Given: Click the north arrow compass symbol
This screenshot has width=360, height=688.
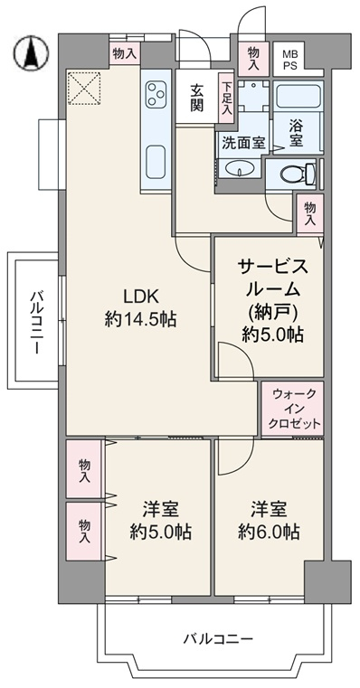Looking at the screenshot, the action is click(x=31, y=52).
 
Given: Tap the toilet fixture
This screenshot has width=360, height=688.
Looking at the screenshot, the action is click(x=298, y=174).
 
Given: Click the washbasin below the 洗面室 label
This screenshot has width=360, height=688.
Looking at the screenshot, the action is click(x=240, y=169).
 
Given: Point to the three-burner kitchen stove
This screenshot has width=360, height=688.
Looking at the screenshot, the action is click(x=156, y=94).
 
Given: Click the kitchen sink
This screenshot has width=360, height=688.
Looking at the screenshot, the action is click(x=156, y=162).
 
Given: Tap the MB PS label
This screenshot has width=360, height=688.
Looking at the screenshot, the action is click(x=289, y=60).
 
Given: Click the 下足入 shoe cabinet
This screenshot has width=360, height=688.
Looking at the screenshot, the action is click(x=226, y=98).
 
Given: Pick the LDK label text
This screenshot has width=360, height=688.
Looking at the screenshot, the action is click(x=140, y=297).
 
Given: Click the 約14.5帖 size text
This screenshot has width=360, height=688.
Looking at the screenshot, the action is click(x=140, y=319).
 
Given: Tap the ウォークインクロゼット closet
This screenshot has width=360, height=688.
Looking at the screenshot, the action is click(x=293, y=409).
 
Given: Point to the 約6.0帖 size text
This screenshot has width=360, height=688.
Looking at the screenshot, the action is click(x=269, y=532).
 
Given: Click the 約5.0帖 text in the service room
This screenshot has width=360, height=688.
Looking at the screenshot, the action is click(x=272, y=335).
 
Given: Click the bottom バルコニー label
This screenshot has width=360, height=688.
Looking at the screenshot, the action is click(x=218, y=638).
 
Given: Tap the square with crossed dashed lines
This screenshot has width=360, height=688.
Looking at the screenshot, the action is click(x=84, y=89).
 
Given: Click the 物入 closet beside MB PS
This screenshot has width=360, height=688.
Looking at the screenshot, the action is click(x=254, y=59).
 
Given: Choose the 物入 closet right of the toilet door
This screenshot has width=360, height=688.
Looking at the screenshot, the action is click(x=310, y=213).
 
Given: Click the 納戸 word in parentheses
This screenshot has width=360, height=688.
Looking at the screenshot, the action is click(x=272, y=313).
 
